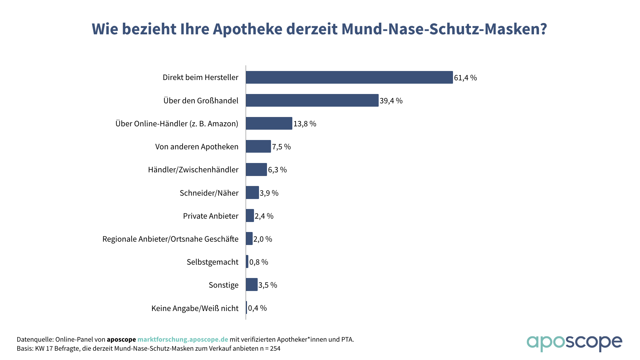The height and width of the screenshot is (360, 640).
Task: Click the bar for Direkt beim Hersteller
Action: tap(349, 77)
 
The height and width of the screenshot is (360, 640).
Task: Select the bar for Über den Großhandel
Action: tap(312, 100)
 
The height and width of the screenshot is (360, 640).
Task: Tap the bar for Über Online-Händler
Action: tap(269, 123)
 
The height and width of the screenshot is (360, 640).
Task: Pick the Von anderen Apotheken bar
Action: tap(258, 146)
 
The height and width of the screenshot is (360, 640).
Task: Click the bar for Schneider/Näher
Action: tap(252, 193)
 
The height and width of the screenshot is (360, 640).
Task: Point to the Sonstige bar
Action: tap(252, 285)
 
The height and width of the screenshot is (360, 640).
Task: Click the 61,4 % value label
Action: tap(465, 78)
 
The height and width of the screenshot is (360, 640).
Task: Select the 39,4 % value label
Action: tap(391, 101)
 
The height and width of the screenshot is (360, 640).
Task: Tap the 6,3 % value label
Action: tap(277, 170)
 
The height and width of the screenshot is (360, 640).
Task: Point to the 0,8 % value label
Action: tap(259, 262)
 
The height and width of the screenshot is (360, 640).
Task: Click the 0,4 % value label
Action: tap(257, 308)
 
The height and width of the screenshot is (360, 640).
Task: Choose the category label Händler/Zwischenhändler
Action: tap(193, 170)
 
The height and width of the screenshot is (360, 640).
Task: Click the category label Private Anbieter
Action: tap(211, 216)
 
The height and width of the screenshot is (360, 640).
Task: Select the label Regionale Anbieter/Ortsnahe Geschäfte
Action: tap(170, 239)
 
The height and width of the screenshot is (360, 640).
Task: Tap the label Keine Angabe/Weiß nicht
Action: tap(195, 308)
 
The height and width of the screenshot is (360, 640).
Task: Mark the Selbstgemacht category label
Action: tap(213, 262)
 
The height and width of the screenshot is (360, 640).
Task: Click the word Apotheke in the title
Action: tap(248, 29)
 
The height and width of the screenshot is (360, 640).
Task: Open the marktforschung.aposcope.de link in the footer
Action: tap(183, 339)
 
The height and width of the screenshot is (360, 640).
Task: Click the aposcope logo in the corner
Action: tap(574, 343)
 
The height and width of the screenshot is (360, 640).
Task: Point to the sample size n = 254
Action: tap(270, 349)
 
